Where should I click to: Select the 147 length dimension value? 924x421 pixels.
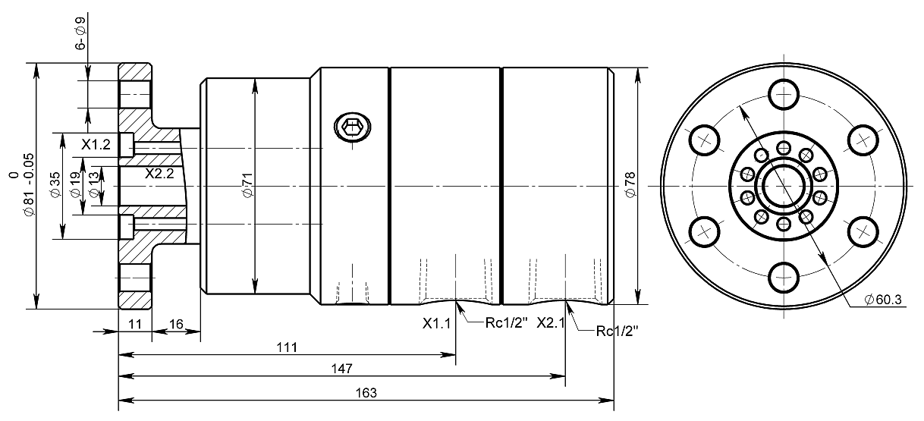341,369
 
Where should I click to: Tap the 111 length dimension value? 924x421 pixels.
286,347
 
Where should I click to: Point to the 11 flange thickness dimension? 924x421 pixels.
134,323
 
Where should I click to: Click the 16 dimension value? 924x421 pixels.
175,323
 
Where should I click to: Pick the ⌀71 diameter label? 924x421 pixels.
247,187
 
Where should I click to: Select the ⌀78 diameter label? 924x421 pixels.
629,185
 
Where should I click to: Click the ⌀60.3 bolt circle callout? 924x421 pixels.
882,300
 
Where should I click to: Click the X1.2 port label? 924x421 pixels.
96,144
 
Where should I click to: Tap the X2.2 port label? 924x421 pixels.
159,173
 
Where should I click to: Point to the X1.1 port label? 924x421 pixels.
437,323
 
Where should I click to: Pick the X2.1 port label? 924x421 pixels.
550,323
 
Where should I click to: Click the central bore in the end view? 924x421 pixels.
784,186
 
